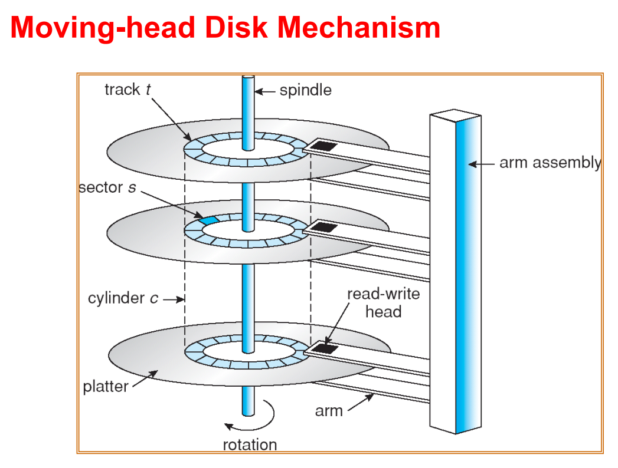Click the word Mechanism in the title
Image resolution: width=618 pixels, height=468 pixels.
(359, 28)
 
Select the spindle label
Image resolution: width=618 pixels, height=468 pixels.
(305, 91)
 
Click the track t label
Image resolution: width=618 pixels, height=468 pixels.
(127, 90)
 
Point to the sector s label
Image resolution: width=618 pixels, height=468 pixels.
(107, 187)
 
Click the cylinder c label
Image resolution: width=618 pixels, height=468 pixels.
(123, 298)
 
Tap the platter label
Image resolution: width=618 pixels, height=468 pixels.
(106, 387)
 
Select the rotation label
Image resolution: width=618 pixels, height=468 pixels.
(250, 445)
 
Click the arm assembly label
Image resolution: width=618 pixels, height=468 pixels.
(550, 163)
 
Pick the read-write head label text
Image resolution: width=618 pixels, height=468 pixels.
(383, 303)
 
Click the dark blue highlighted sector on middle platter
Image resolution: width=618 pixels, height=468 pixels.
(208, 220)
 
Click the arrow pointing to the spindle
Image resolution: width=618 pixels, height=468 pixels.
(265, 92)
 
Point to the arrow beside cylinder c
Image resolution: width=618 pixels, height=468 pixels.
(174, 299)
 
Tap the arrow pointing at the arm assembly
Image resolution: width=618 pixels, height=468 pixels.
(481, 164)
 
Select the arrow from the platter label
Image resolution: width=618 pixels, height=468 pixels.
(145, 378)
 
